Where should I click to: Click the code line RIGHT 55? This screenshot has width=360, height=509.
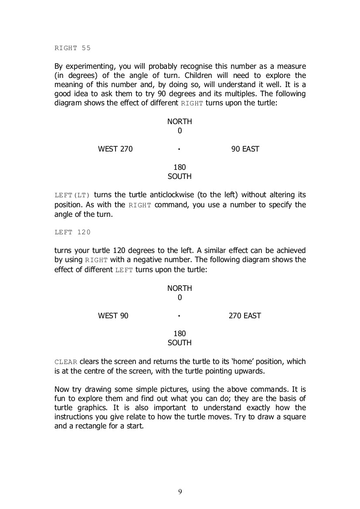pyautogui.click(x=72, y=48)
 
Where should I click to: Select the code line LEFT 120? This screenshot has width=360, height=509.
pyautogui.click(x=72, y=232)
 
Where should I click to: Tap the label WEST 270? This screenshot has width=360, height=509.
pyautogui.click(x=115, y=149)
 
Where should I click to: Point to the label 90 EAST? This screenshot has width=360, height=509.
pyautogui.click(x=245, y=149)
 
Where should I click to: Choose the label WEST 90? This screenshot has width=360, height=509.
pyautogui.click(x=113, y=316)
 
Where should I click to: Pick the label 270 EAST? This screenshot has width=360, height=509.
pyautogui.click(x=245, y=316)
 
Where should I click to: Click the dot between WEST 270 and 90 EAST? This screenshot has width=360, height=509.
pyautogui.click(x=179, y=149)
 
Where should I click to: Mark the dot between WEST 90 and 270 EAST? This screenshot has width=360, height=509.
pyautogui.click(x=179, y=316)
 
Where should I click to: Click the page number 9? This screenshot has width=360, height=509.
pyautogui.click(x=180, y=492)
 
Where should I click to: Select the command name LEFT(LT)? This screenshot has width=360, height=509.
pyautogui.click(x=72, y=196)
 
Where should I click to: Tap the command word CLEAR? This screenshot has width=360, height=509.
pyautogui.click(x=66, y=362)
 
